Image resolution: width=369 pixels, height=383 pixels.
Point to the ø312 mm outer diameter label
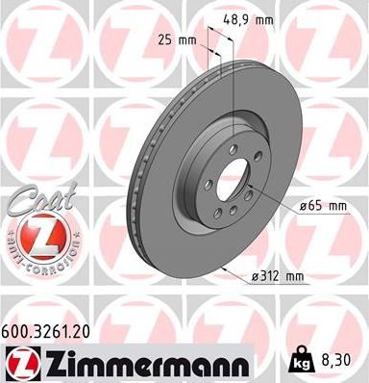pyautogui.click(x=277, y=276)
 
